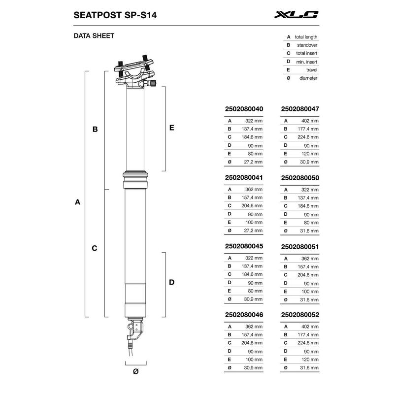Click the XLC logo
point(296,15)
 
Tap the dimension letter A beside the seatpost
point(77,202)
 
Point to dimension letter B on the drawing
point(95,130)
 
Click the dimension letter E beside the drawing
point(171,128)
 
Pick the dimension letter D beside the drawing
point(171,282)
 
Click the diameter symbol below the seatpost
point(135,372)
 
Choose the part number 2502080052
point(299,313)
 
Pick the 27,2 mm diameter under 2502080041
point(254,230)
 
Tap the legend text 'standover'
point(308,45)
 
